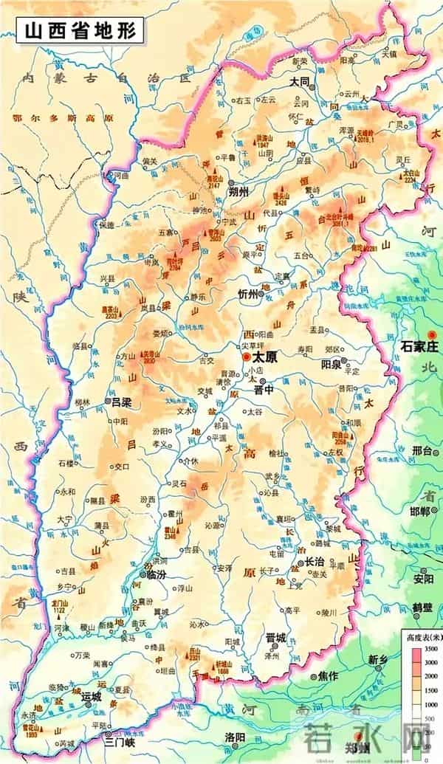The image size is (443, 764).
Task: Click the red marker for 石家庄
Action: click(431, 334)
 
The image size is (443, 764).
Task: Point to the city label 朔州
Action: click(241, 192)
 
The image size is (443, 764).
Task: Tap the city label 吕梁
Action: click(121, 402)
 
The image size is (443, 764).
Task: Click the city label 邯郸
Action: click(419, 512)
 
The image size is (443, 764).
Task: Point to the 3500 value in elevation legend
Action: click(432, 648)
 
